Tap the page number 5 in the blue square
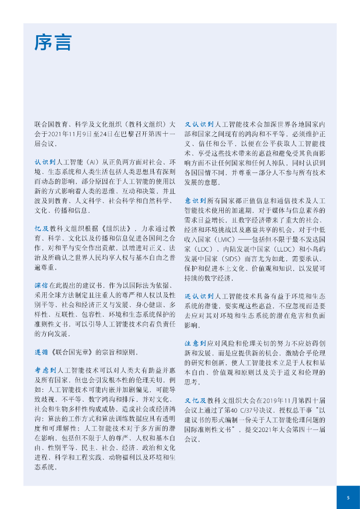[x=348, y=498]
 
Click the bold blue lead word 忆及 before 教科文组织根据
[x=42, y=228]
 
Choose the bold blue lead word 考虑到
[x=45, y=370]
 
